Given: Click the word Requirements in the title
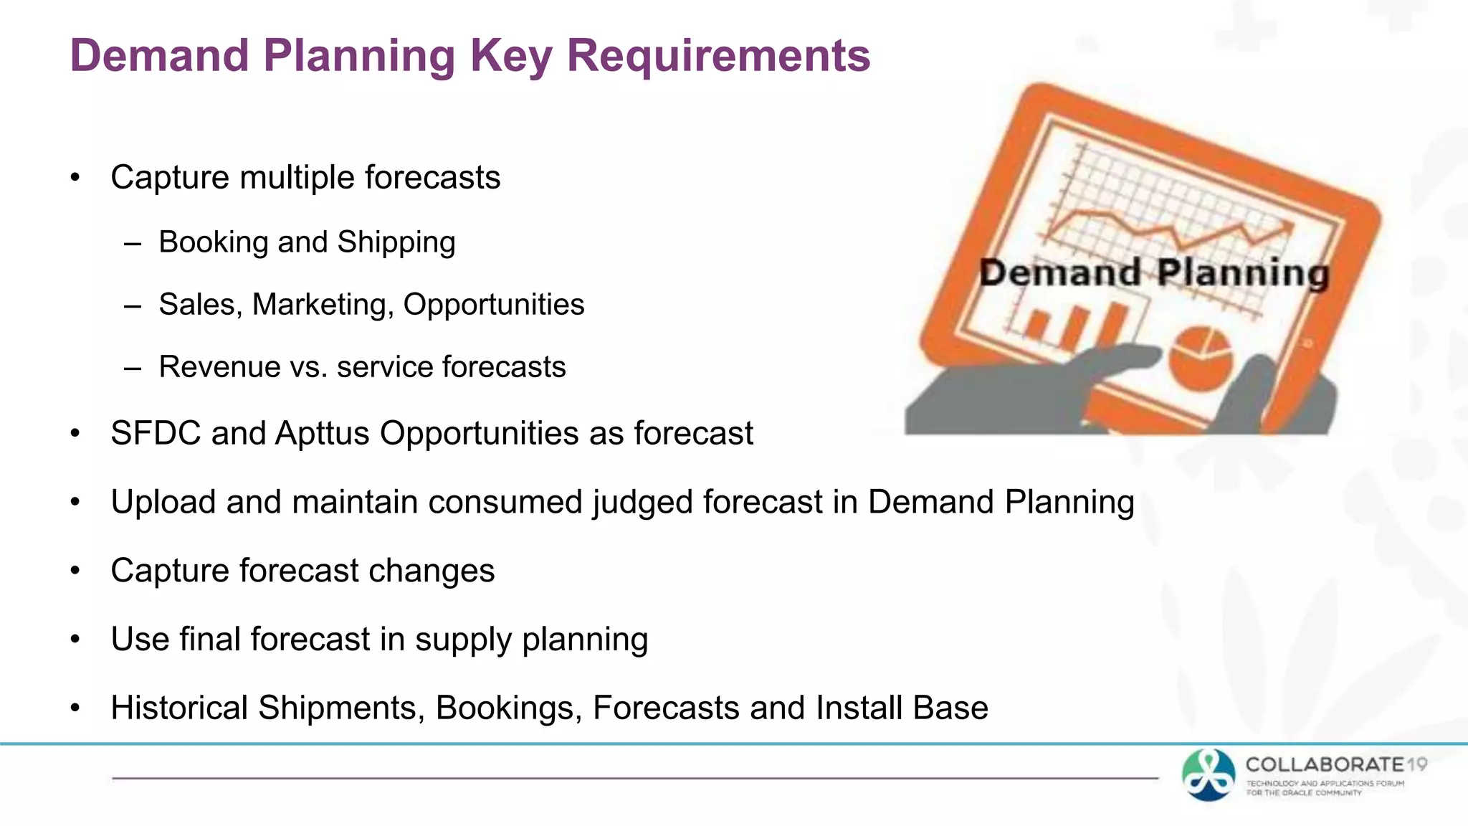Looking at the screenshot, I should click(718, 56).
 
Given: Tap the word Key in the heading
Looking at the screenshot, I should click(510, 56).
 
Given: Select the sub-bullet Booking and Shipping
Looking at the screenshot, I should click(307, 242).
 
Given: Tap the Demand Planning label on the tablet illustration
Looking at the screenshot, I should click(1154, 273).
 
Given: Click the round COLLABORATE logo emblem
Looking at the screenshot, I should click(1209, 775).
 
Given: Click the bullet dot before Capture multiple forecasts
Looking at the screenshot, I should click(75, 178).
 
